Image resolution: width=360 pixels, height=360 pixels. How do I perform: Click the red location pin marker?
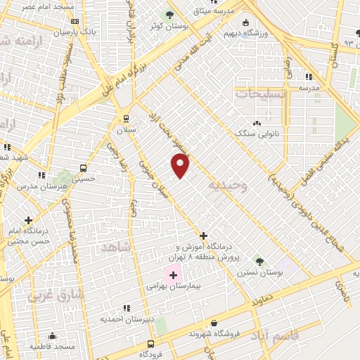(x=181, y=165)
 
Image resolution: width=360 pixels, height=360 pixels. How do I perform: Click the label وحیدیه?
(x=228, y=186)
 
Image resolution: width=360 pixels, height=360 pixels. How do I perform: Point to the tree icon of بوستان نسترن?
(x=260, y=261)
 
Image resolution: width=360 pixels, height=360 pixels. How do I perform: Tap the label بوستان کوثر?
(x=169, y=26)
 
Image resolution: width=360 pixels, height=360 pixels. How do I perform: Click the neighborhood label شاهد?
(x=116, y=249)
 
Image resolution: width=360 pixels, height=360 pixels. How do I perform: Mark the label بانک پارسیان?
(x=72, y=32)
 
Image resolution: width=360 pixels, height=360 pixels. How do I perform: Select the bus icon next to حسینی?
(x=84, y=169)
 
